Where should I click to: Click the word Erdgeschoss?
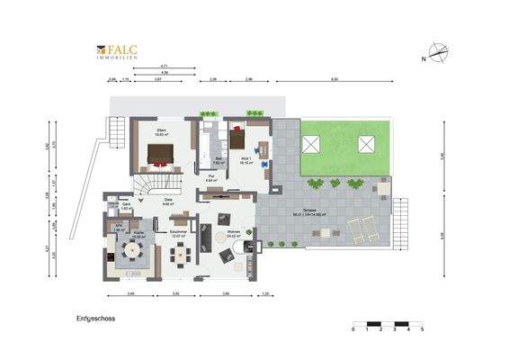point(94,319)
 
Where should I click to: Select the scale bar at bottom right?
point(388,324)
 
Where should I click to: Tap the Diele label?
point(167,202)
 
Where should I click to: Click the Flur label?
point(210,178)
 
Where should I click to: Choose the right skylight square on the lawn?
point(366,144)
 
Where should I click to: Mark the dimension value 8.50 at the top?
point(335,81)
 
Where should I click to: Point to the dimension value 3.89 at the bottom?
point(226,294)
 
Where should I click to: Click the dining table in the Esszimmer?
point(182,255)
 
